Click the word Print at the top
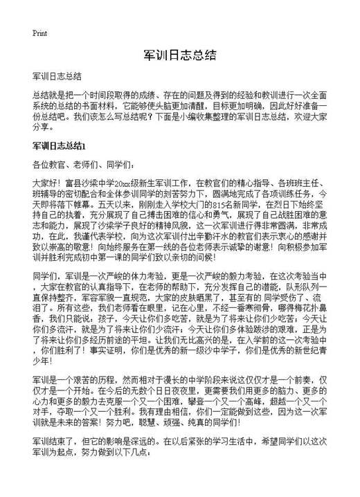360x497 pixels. tap(39, 32)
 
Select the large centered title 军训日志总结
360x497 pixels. tap(179, 55)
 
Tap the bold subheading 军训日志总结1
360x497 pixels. tap(57, 146)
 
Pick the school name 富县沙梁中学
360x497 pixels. tap(88, 183)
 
